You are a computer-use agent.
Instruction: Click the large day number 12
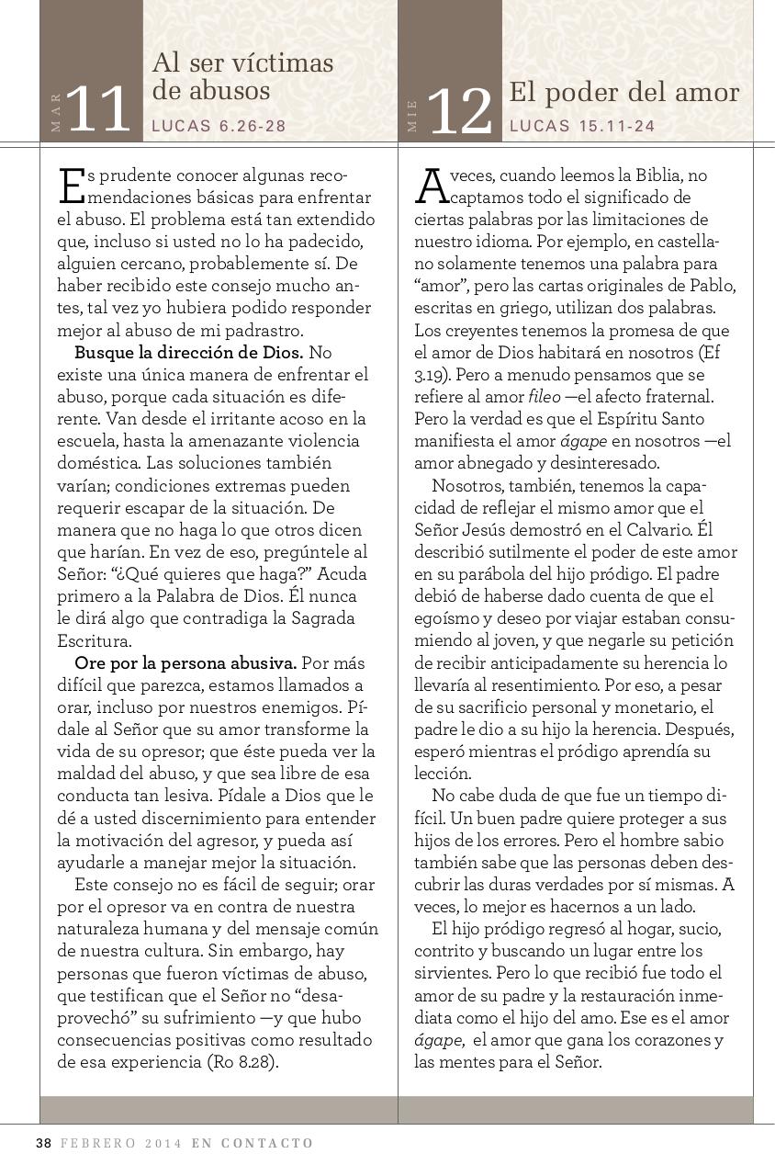tap(460, 113)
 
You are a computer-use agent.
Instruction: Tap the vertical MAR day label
tap(57, 112)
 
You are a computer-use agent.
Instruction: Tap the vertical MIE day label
tap(412, 116)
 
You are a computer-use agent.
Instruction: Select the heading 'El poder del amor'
tap(623, 93)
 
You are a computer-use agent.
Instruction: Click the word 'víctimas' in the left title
tap(282, 62)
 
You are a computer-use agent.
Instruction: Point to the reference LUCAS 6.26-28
tap(219, 127)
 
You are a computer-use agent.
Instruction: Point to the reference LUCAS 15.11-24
tap(582, 127)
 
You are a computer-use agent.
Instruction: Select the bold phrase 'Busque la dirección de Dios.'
tap(188, 352)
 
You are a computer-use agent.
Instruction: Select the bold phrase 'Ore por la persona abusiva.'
tap(185, 662)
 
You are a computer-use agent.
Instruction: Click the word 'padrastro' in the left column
tap(264, 330)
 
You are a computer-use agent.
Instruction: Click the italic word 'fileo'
tap(545, 397)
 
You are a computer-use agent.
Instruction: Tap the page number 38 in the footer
tap(43, 1143)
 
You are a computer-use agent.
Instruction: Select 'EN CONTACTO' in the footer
tap(253, 1143)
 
